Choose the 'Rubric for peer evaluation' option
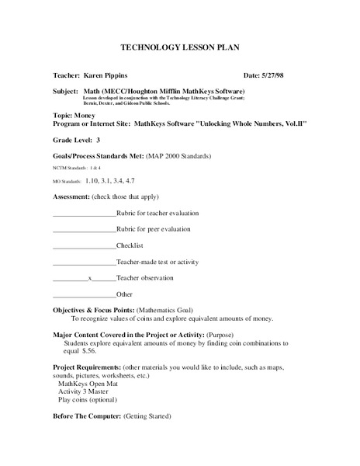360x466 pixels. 153,229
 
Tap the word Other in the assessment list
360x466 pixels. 124,294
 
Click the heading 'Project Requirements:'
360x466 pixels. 88,366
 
